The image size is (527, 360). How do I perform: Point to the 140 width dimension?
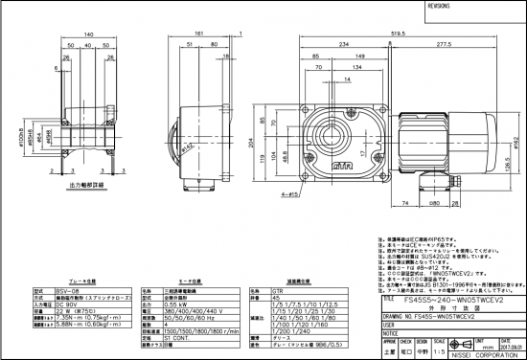(x=88, y=33)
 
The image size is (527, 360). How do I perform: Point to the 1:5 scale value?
(x=439, y=351)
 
